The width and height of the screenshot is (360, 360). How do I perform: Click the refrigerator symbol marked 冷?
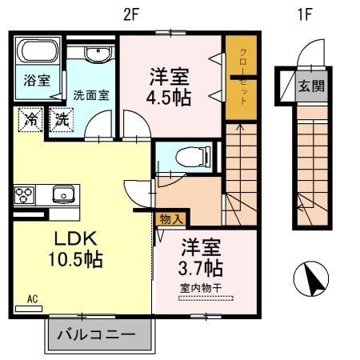(30, 121)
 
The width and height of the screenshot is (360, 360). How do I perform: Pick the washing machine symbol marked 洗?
(62, 121)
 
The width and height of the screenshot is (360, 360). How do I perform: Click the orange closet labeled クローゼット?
(241, 78)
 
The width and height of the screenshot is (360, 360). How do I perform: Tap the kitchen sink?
(62, 193)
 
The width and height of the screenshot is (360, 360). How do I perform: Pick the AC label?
(33, 299)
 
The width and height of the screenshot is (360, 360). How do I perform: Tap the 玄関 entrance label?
(312, 86)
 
